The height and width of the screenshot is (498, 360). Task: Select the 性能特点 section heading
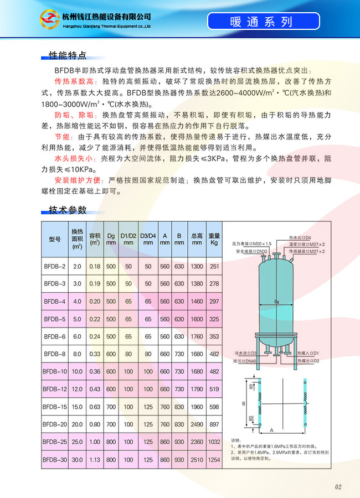[x=68, y=56]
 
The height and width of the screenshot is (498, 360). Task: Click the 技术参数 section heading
[x=68, y=210]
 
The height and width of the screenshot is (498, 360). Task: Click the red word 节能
[x=62, y=136]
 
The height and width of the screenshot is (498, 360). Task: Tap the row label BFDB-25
[x=54, y=442]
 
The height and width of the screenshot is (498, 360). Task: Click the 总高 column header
[x=197, y=238]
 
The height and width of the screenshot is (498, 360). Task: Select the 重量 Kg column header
[x=214, y=238]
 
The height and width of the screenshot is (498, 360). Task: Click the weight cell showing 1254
[x=214, y=459]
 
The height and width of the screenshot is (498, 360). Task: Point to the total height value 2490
[x=197, y=424]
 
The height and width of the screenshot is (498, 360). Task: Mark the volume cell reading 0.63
[x=95, y=406]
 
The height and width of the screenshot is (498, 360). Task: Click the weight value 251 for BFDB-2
[x=214, y=266]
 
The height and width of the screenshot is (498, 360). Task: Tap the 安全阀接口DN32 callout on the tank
[x=253, y=251]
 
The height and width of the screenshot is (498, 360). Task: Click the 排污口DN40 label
[x=245, y=361]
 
